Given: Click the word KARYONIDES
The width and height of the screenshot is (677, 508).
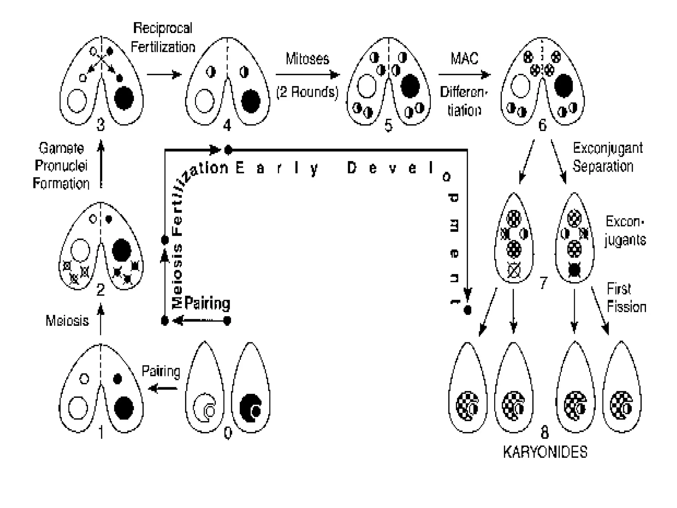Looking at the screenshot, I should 545,452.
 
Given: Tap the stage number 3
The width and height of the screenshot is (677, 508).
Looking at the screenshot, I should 100,125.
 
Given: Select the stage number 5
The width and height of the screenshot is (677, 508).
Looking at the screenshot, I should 388,126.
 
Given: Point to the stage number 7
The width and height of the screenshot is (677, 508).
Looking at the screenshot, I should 543,283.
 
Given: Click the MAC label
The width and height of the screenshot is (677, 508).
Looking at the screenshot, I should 464,59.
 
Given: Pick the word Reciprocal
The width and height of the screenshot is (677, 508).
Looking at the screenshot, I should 163,28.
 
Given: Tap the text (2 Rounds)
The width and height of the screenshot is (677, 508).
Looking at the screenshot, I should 307,92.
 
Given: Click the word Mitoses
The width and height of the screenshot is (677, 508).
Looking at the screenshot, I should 307,59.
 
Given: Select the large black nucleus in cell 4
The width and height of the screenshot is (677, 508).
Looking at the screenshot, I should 251,101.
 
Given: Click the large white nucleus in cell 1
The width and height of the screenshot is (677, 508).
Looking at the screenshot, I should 78,408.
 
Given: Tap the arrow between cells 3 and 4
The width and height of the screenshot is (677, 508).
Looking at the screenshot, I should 164,74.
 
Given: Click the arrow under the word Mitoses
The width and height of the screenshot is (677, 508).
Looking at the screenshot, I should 307,75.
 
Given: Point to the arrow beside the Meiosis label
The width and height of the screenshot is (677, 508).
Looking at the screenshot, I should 101,319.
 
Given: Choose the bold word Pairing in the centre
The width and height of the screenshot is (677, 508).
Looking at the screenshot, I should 207,303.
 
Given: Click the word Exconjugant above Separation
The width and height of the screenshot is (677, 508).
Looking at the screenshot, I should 608,148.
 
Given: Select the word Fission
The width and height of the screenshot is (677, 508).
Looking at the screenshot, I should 626,307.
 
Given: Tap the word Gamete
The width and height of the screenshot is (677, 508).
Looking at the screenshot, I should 61,148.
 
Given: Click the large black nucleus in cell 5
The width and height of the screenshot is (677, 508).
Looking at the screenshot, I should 410,86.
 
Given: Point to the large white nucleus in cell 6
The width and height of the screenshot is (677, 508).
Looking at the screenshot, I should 520,86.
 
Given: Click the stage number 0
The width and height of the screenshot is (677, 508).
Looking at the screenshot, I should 228,433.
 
